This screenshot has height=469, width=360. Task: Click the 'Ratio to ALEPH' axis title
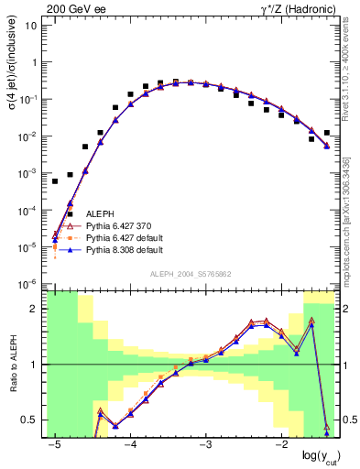pyautogui.click(x=11, y=364)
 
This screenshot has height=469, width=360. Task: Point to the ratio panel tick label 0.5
pyautogui.click(x=31, y=420)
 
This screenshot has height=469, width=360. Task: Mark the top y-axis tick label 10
pyautogui.click(x=30, y=26)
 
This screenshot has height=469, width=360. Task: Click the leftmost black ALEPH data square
pyautogui.click(x=55, y=181)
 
